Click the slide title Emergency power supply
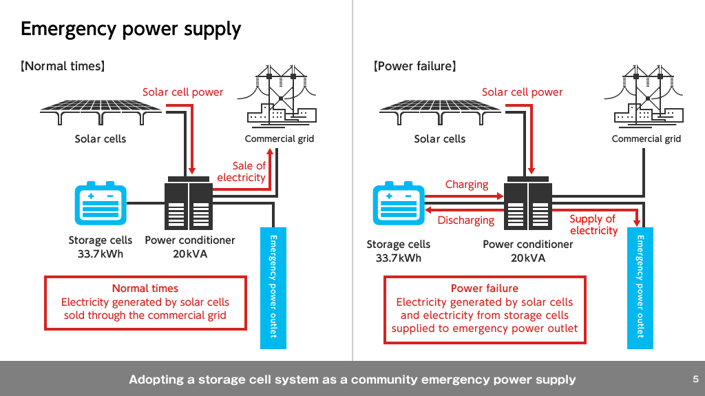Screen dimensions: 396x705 131,29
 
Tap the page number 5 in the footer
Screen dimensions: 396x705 695,379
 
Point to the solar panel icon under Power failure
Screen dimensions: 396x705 440,111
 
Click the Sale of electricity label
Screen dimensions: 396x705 242,171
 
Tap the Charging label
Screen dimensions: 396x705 467,185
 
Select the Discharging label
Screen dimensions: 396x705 466,220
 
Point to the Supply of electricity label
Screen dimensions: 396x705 593,225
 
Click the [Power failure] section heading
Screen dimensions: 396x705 415,67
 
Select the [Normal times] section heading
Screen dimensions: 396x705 63,67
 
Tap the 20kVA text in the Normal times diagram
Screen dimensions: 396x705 190,253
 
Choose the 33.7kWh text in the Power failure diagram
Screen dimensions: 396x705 399,258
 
